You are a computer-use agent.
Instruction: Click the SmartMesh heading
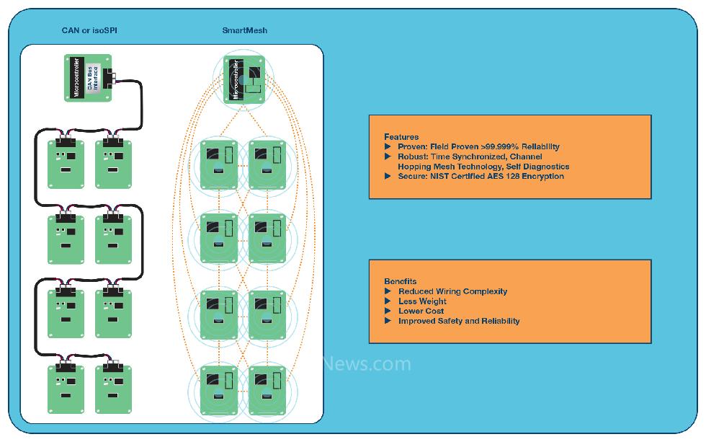click(245, 30)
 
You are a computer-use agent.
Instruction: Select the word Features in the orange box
click(401, 137)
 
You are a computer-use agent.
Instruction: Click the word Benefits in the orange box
click(401, 281)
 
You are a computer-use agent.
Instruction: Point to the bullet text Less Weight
click(422, 301)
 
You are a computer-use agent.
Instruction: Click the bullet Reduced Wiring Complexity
click(452, 291)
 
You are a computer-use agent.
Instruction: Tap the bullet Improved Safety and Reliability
click(459, 321)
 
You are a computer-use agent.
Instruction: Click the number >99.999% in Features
click(501, 147)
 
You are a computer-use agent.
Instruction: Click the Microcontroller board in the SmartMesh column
click(244, 80)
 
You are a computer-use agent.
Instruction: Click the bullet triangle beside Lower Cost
click(389, 311)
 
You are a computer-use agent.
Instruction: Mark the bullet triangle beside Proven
click(389, 147)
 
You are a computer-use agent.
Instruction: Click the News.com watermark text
click(367, 364)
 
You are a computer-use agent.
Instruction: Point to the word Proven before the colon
click(411, 147)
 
